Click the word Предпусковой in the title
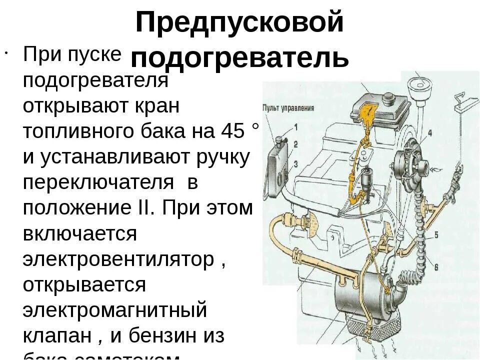pos(240,22)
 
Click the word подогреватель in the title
pos(240,57)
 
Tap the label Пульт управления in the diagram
pos(288,107)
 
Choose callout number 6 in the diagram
pos(436,266)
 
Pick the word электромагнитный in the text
pos(115,310)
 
